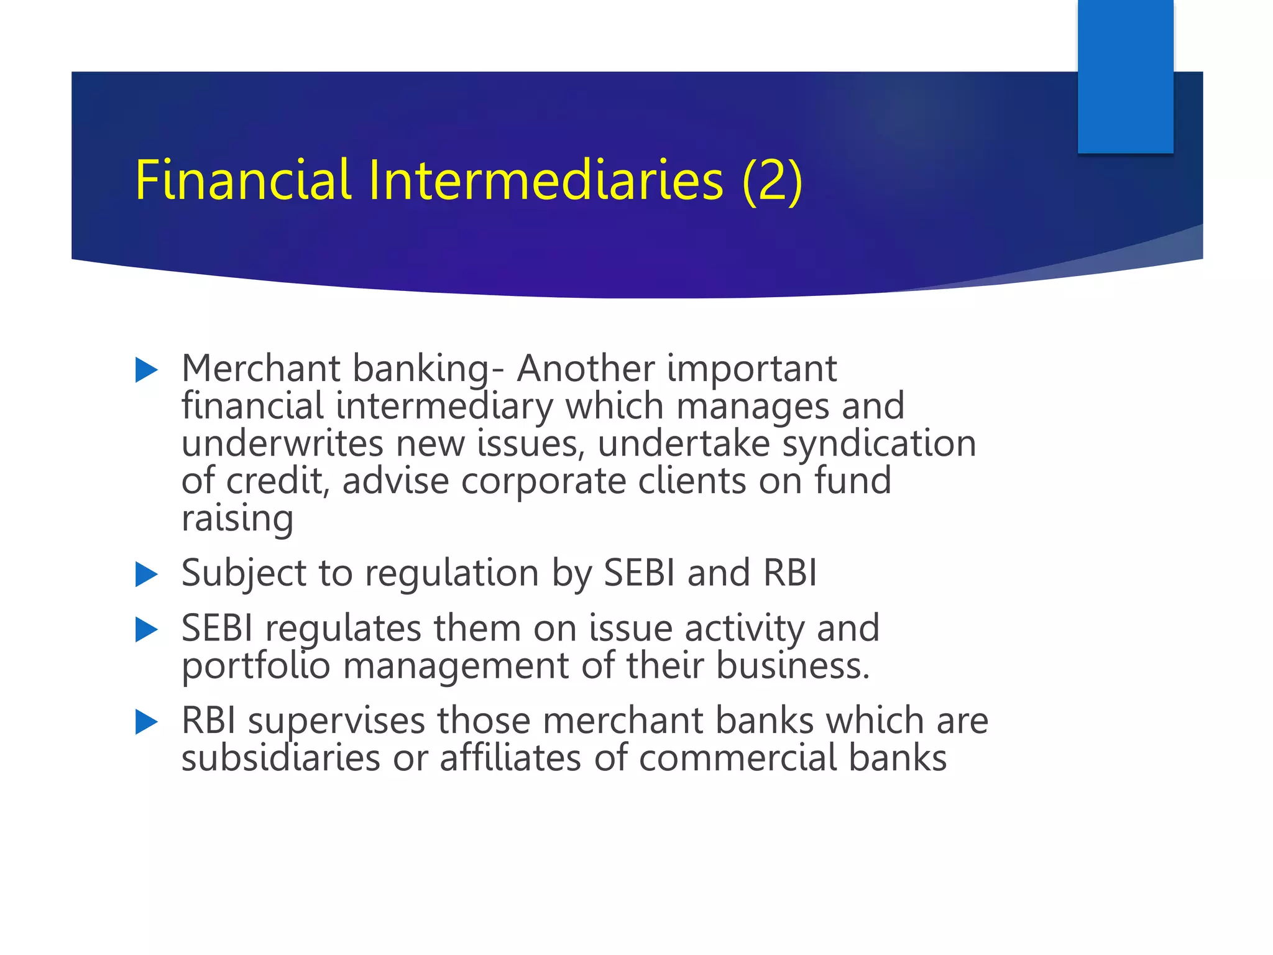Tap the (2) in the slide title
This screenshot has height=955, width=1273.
(x=772, y=181)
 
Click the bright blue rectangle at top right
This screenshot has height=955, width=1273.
(x=1125, y=76)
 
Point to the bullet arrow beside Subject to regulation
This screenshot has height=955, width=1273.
(x=147, y=574)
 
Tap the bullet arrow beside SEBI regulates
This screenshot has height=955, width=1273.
(x=147, y=630)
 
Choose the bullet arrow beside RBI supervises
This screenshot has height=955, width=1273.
(x=147, y=722)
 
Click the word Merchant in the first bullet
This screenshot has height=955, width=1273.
(x=260, y=368)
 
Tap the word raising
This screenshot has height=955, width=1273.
(x=237, y=519)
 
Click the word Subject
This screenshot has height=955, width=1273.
(x=244, y=573)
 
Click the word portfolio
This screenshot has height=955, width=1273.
(x=255, y=666)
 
